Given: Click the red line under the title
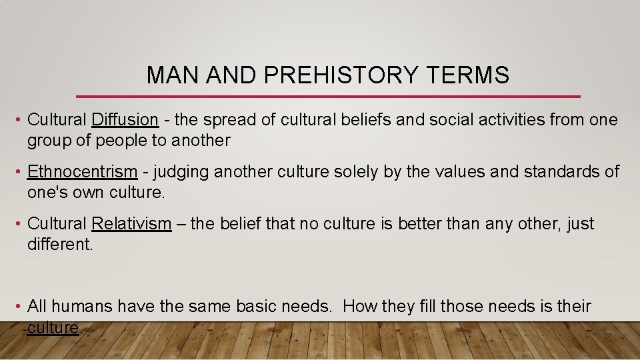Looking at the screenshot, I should pos(329,96).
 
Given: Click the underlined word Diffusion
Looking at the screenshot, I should pos(125,120).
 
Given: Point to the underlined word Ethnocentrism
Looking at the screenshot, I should pos(82,172).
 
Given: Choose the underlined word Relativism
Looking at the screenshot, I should pos(131,224).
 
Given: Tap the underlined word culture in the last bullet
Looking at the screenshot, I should pos(53,328).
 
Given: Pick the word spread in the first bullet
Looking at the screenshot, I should pos(229,121).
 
